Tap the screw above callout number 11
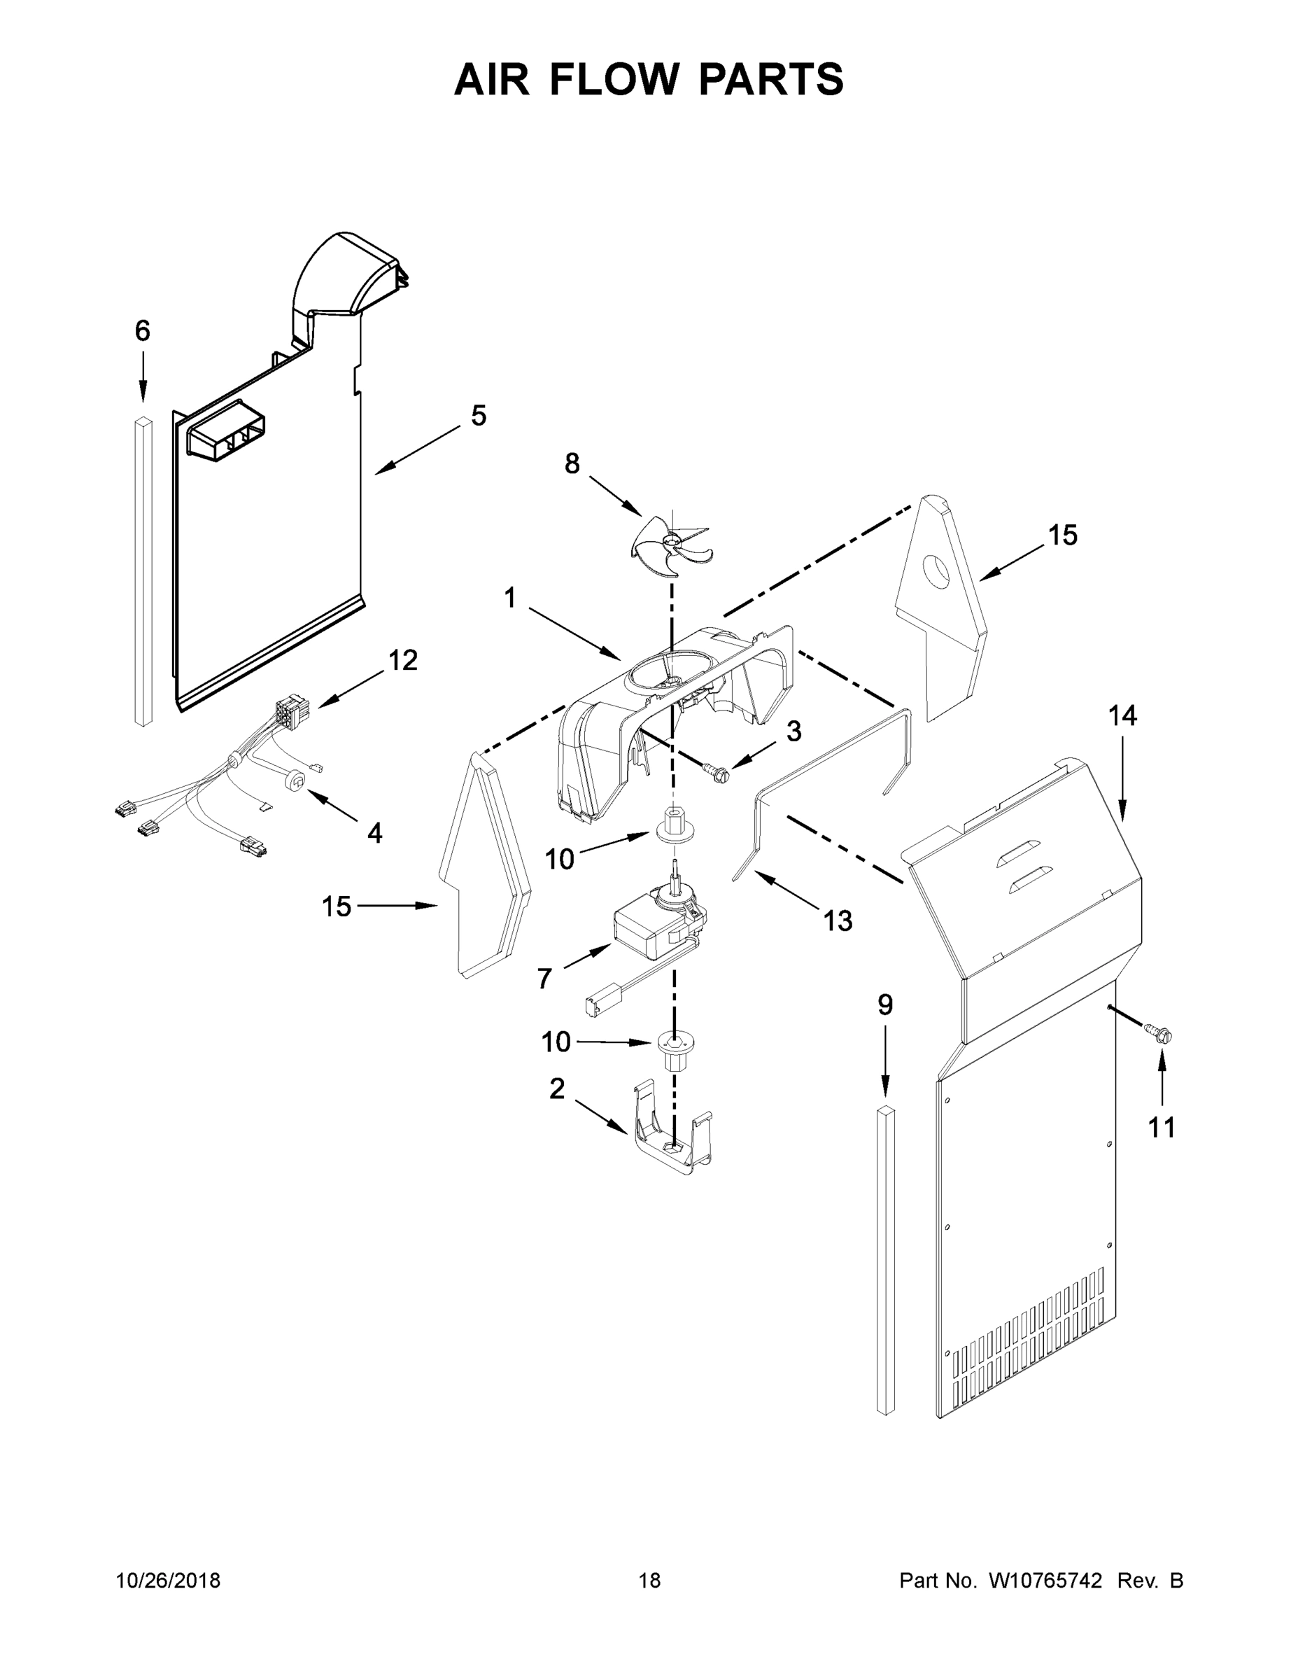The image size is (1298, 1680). pyautogui.click(x=1159, y=1033)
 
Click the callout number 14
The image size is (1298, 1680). pyautogui.click(x=1122, y=716)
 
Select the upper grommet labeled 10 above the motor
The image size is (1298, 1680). pyautogui.click(x=674, y=825)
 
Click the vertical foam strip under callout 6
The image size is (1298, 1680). pyautogui.click(x=143, y=570)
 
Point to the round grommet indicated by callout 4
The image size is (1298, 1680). pyautogui.click(x=295, y=780)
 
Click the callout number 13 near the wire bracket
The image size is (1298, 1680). pyautogui.click(x=838, y=920)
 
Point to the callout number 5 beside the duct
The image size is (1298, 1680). pyautogui.click(x=479, y=416)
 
